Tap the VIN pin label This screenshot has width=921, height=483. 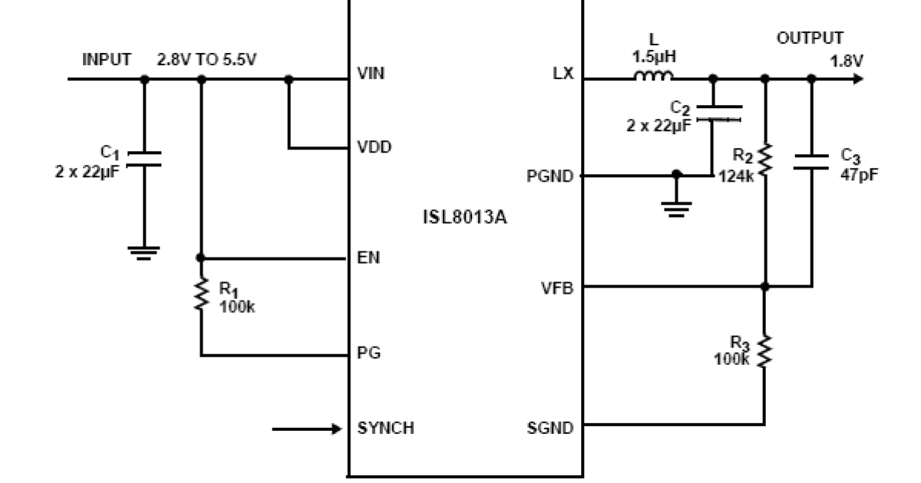tap(371, 74)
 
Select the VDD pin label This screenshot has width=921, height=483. tap(375, 147)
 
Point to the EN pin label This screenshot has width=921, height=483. tap(368, 258)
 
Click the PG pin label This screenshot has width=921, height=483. tap(368, 354)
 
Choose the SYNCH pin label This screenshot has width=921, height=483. tap(385, 428)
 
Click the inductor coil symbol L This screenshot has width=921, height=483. tap(653, 75)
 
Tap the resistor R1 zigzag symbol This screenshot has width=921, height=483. tap(201, 294)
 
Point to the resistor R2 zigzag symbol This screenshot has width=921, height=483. tap(764, 159)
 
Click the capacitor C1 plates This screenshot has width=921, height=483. tap(144, 159)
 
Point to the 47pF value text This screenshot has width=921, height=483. tap(860, 173)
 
